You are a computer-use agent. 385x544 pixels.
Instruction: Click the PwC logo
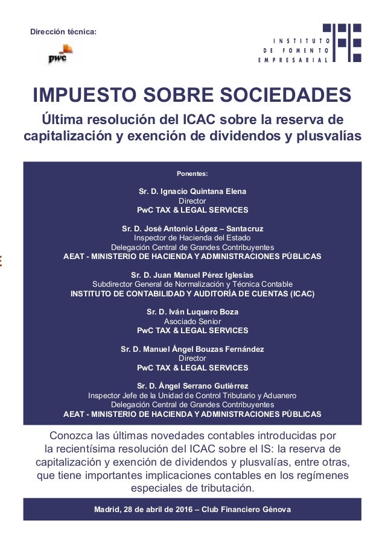pyautogui.click(x=60, y=54)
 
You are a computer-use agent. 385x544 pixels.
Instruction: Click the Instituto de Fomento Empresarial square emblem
pyautogui.click(x=342, y=42)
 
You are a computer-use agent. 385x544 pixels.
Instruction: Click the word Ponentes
pyautogui.click(x=192, y=174)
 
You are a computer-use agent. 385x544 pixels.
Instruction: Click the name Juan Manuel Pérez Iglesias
pyautogui.click(x=200, y=275)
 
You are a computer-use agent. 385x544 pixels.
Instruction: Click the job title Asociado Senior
pyautogui.click(x=192, y=322)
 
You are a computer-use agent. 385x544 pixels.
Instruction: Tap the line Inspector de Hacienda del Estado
pyautogui.click(x=192, y=238)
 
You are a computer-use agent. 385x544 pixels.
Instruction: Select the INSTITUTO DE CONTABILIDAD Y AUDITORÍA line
pyautogui.click(x=192, y=294)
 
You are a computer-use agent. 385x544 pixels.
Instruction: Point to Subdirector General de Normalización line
pyautogui.click(x=192, y=284)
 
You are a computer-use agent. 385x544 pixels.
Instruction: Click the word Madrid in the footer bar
pyautogui.click(x=107, y=510)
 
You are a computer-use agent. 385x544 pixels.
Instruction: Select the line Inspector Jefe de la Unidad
pyautogui.click(x=192, y=396)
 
